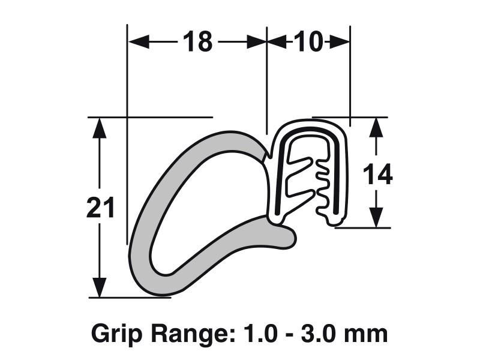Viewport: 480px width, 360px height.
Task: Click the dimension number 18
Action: [x=197, y=42]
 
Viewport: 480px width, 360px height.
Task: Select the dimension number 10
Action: [x=308, y=42]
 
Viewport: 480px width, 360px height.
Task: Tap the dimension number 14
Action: [x=377, y=174]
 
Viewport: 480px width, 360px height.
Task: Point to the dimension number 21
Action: [x=100, y=209]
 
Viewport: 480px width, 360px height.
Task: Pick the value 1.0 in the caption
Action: [x=252, y=333]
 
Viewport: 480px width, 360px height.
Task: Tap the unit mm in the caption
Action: [x=366, y=333]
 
